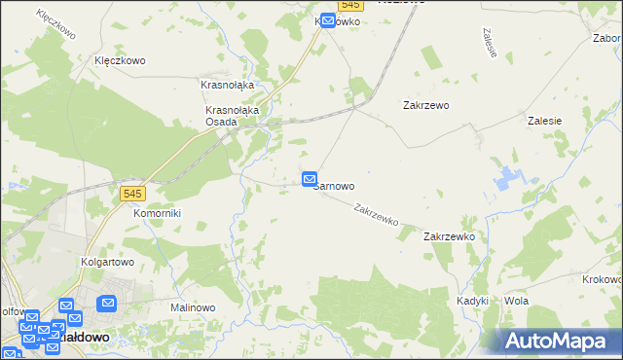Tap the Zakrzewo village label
(x=425, y=105)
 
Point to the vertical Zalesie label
(x=490, y=41)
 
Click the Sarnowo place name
(x=335, y=185)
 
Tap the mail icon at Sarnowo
(x=310, y=179)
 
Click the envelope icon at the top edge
(x=328, y=19)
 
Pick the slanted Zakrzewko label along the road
(x=377, y=214)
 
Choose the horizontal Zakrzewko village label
(x=449, y=236)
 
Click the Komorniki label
(x=157, y=212)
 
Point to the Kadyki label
(x=472, y=302)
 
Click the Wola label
(x=516, y=302)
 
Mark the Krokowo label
(x=602, y=279)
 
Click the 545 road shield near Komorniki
(x=134, y=194)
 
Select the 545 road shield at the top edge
(x=351, y=5)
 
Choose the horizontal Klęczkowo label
(x=120, y=60)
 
